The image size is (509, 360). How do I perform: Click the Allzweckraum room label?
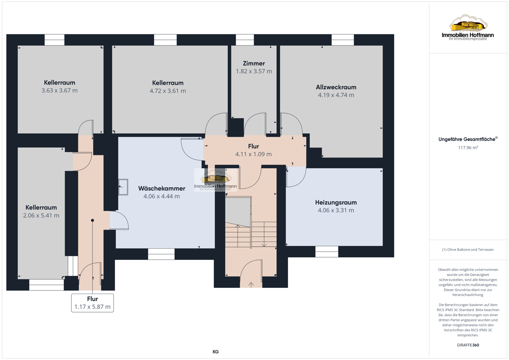click(x=336, y=87)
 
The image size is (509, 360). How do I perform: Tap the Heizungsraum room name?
click(x=336, y=202)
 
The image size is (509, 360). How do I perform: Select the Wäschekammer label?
click(x=162, y=188)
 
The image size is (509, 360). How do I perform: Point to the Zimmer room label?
click(x=254, y=63)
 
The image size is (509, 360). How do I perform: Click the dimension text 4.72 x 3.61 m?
click(x=168, y=91)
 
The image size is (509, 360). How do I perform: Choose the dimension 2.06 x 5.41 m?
click(x=41, y=216)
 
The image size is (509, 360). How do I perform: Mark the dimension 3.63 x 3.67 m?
click(x=59, y=90)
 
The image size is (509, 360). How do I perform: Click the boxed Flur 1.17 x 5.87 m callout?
click(x=92, y=303)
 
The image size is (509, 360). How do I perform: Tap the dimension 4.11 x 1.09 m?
click(x=253, y=154)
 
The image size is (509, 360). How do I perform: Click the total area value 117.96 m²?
click(x=468, y=148)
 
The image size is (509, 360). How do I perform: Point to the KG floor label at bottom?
click(x=215, y=352)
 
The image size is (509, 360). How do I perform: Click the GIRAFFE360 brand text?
click(x=468, y=345)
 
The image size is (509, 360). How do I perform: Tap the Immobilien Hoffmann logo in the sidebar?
click(x=468, y=28)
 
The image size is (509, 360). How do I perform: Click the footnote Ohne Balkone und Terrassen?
click(x=468, y=250)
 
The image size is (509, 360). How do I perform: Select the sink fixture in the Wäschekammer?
click(x=123, y=187)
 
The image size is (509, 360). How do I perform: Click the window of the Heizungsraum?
click(x=327, y=252)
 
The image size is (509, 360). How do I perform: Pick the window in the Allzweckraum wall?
click(x=343, y=40)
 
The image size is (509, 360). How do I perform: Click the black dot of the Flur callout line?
click(x=92, y=220)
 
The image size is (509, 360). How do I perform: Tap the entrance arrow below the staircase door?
click(x=251, y=285)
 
